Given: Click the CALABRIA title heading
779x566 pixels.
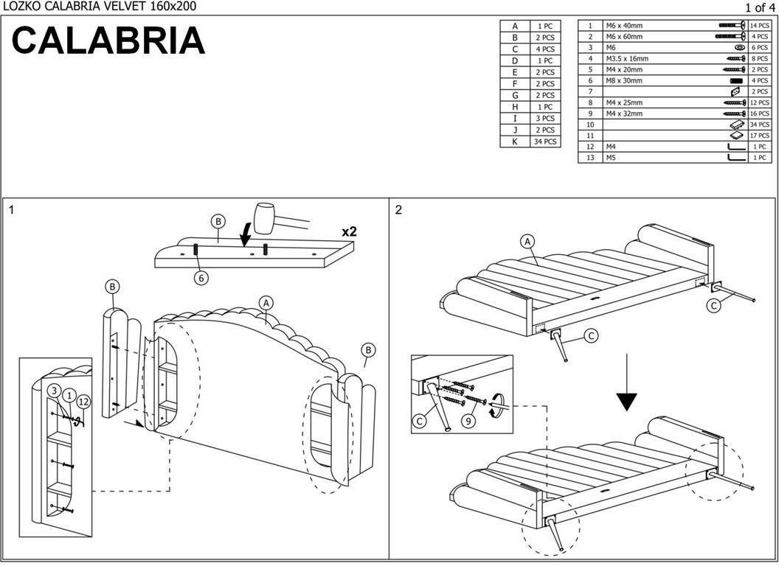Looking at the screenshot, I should coord(108,41).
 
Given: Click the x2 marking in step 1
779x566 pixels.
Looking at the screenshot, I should coord(349,231).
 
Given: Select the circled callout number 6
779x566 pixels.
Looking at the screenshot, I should coord(201,278).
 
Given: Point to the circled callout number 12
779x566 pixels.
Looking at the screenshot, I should coord(84,402).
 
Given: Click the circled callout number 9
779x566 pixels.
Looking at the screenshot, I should coord(467,422).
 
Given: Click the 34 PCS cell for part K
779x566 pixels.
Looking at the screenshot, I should coord(545,141).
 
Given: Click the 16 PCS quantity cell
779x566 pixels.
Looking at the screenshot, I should coord(759,113).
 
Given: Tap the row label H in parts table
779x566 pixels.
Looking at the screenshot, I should coord(515,107).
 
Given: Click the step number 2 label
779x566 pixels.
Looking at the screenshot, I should coord(398,210).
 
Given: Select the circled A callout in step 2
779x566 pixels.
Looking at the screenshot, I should coord(527,241).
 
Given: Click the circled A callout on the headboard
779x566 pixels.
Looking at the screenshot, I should coord(266,302).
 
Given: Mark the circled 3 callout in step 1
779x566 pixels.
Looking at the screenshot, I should coord(55,391).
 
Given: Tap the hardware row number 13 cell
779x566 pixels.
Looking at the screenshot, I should coord(590,158).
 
